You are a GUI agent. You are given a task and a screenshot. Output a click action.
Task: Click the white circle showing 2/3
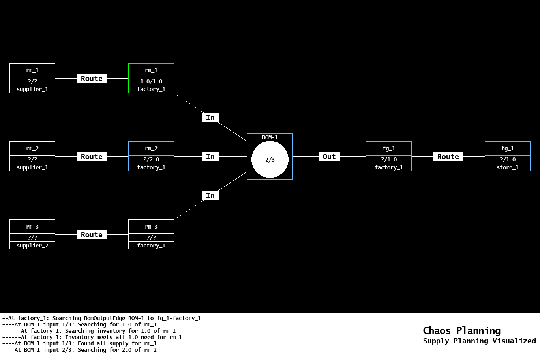[270, 160]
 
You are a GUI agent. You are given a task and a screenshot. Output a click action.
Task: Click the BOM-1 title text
[270, 137]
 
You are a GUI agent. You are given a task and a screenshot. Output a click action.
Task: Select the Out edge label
[329, 157]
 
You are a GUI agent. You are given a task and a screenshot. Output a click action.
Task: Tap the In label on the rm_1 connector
[210, 118]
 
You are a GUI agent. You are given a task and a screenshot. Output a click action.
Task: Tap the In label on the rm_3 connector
[210, 196]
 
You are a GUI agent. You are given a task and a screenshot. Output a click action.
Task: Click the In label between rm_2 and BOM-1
[210, 157]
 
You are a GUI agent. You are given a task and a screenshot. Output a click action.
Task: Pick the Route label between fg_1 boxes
[448, 157]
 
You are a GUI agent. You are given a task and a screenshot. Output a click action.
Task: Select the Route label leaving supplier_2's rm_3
[92, 235]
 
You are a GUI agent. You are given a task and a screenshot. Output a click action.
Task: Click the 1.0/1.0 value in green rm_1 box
[151, 81]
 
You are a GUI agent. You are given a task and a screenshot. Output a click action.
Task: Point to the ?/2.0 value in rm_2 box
[151, 159]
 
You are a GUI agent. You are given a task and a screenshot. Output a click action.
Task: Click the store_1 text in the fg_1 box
[507, 167]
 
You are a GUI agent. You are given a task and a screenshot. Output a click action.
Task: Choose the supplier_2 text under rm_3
[32, 246]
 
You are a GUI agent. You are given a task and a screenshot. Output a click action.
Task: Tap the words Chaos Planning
[461, 330]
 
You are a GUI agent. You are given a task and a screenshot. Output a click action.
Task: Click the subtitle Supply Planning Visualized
[479, 341]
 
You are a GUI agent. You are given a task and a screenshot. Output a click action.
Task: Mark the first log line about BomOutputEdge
[101, 318]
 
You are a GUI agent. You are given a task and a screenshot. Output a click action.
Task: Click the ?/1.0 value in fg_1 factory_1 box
[389, 159]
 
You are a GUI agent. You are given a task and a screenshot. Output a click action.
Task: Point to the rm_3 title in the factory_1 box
[151, 227]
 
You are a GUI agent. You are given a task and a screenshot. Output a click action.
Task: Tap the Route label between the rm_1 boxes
[92, 79]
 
